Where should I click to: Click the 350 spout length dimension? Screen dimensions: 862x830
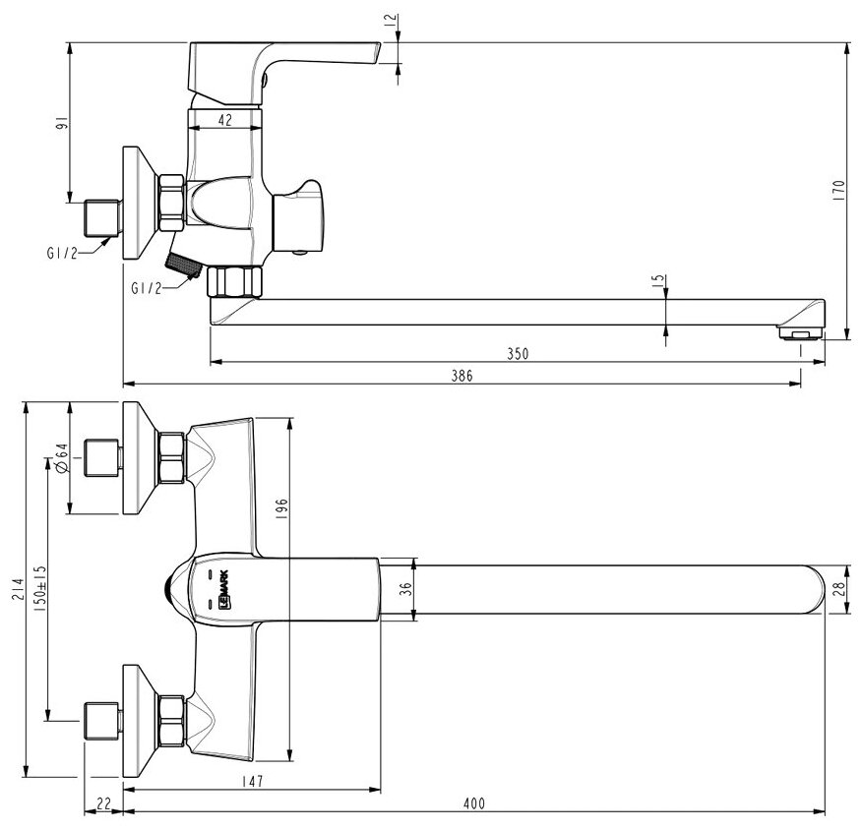point(519,354)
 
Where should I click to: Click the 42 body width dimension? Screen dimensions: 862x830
point(224,120)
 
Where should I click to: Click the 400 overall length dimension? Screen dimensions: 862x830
point(474,803)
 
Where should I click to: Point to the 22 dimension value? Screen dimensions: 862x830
point(104,803)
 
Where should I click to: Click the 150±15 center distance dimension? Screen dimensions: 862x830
point(39,586)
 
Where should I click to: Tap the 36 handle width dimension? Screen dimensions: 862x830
point(401,589)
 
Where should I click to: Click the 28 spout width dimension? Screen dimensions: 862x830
point(838,589)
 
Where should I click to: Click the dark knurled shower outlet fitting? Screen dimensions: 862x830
point(183,263)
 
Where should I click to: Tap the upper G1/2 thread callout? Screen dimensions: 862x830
point(62,253)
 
